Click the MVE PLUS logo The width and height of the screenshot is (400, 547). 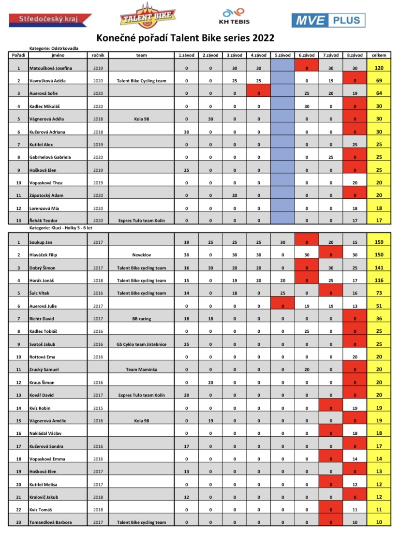[x=328, y=20]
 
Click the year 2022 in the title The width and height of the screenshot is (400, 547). [x=265, y=38]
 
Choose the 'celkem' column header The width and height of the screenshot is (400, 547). [x=379, y=56]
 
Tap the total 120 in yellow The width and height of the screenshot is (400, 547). [x=379, y=68]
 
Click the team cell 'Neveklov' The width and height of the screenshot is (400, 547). [x=141, y=255]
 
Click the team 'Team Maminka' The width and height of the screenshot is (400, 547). [x=141, y=369]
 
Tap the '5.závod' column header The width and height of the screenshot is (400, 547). [x=282, y=56]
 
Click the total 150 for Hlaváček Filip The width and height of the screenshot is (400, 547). [x=379, y=255]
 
